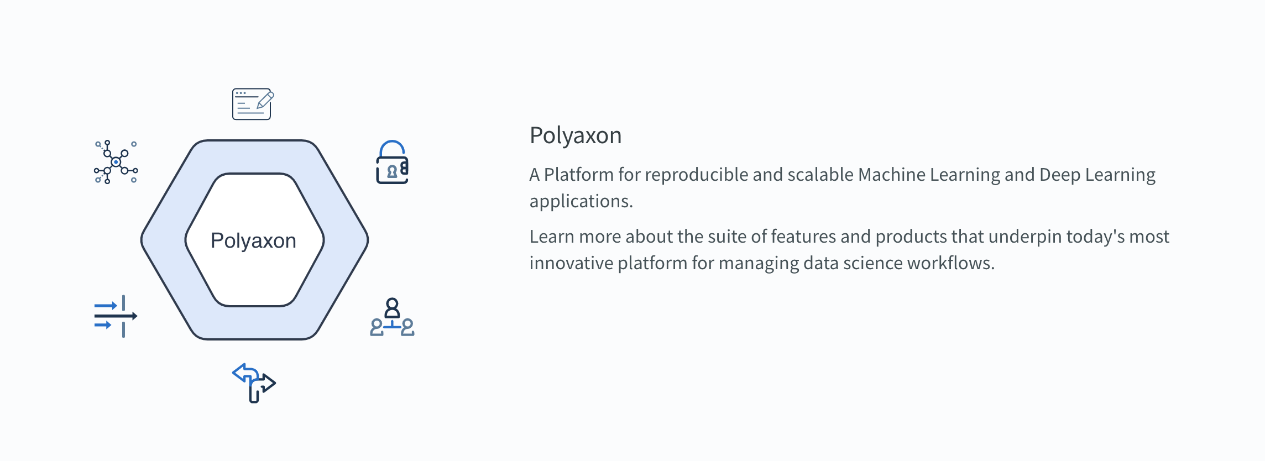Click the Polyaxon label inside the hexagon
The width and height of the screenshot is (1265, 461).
253,241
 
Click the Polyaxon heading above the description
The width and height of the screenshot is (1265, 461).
576,136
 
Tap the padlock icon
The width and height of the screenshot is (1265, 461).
392,163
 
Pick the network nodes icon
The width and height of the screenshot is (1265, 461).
116,162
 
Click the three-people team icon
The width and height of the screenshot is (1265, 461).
392,317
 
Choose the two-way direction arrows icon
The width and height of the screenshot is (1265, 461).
254,383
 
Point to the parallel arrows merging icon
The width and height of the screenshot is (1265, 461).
116,316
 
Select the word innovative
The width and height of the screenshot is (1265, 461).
572,263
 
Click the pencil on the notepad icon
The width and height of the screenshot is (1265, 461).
265,100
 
